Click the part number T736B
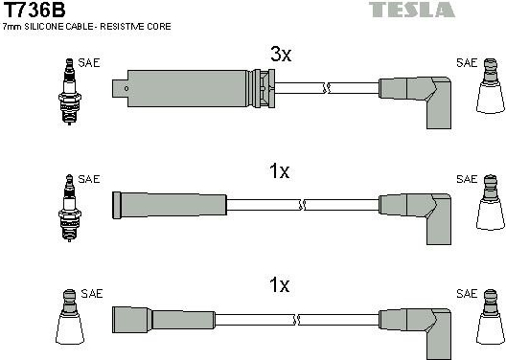[34, 10]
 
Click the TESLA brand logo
[412, 10]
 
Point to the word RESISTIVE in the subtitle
[123, 27]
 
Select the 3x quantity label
[281, 55]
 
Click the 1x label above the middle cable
[280, 170]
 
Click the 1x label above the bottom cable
[280, 285]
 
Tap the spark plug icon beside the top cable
[69, 92]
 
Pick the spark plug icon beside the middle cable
[69, 208]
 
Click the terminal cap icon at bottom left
[70, 317]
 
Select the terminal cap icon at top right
[491, 86]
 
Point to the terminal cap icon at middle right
[491, 202]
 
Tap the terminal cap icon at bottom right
[491, 317]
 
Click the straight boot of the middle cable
[170, 205]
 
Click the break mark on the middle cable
[303, 205]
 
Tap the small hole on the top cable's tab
[126, 89]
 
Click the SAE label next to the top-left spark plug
[89, 63]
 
